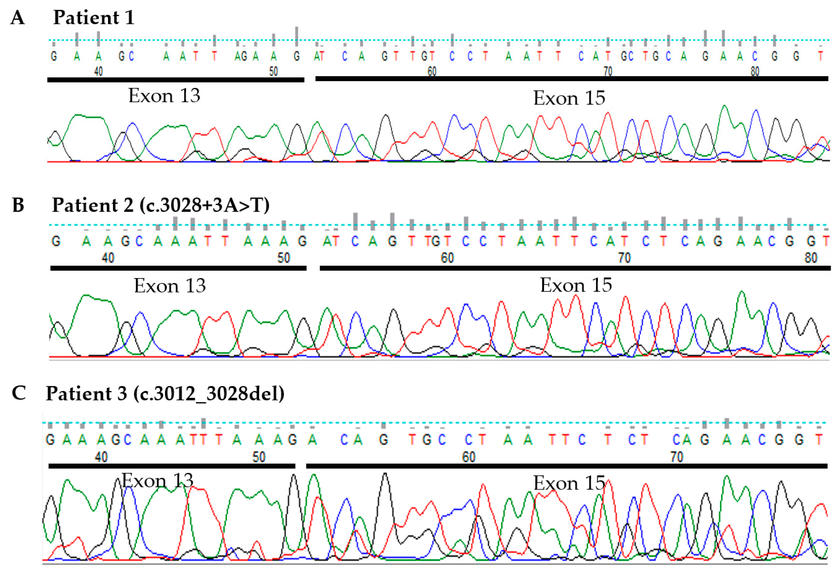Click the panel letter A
click(x=18, y=18)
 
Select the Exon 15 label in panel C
click(x=569, y=483)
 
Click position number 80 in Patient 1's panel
click(x=755, y=71)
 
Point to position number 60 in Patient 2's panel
click(x=447, y=258)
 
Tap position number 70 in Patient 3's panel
click(x=676, y=457)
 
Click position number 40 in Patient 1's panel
click(x=98, y=71)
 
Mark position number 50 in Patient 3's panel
click(x=259, y=457)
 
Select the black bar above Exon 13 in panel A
click(x=176, y=80)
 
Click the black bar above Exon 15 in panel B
click(x=575, y=268)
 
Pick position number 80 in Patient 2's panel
click(x=811, y=258)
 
